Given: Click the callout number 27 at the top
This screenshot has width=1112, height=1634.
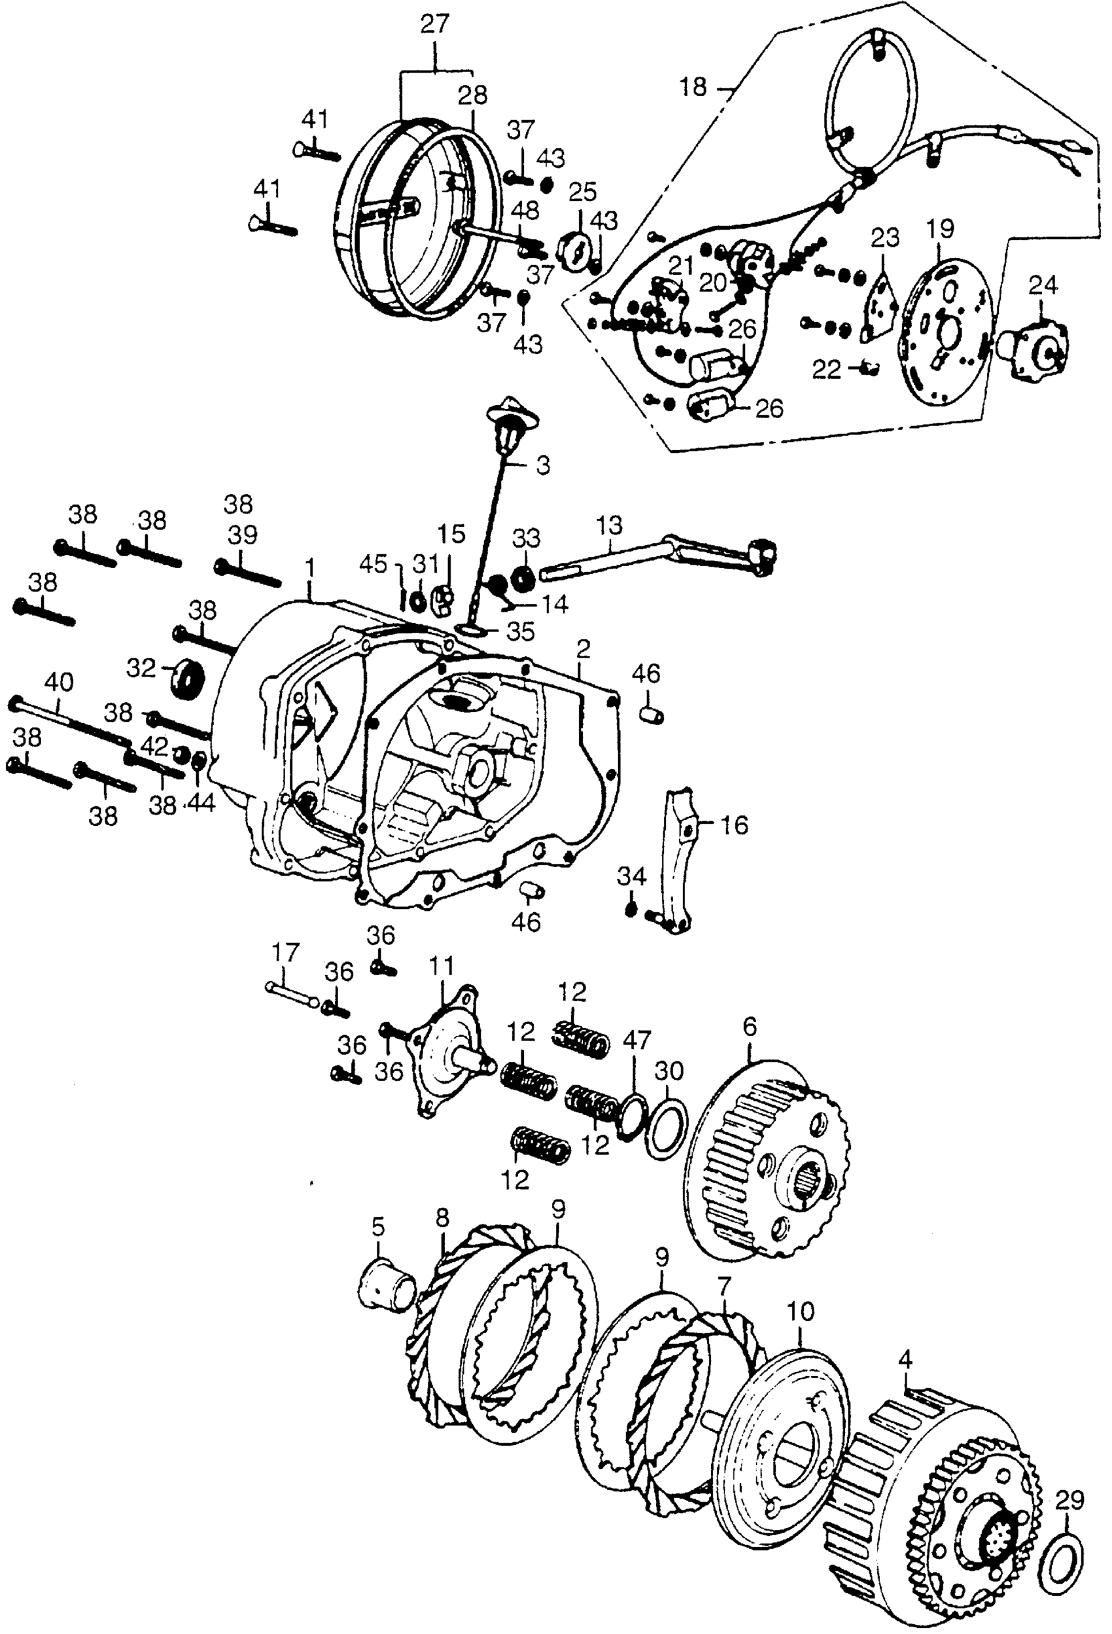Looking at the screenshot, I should tap(434, 25).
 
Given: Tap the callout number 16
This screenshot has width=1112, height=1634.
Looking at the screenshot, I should tap(734, 825).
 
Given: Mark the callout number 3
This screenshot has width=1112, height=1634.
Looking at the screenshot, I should tap(543, 465).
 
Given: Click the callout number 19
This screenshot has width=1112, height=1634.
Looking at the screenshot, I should tap(941, 229).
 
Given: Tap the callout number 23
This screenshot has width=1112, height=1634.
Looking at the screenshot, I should tap(885, 238).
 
